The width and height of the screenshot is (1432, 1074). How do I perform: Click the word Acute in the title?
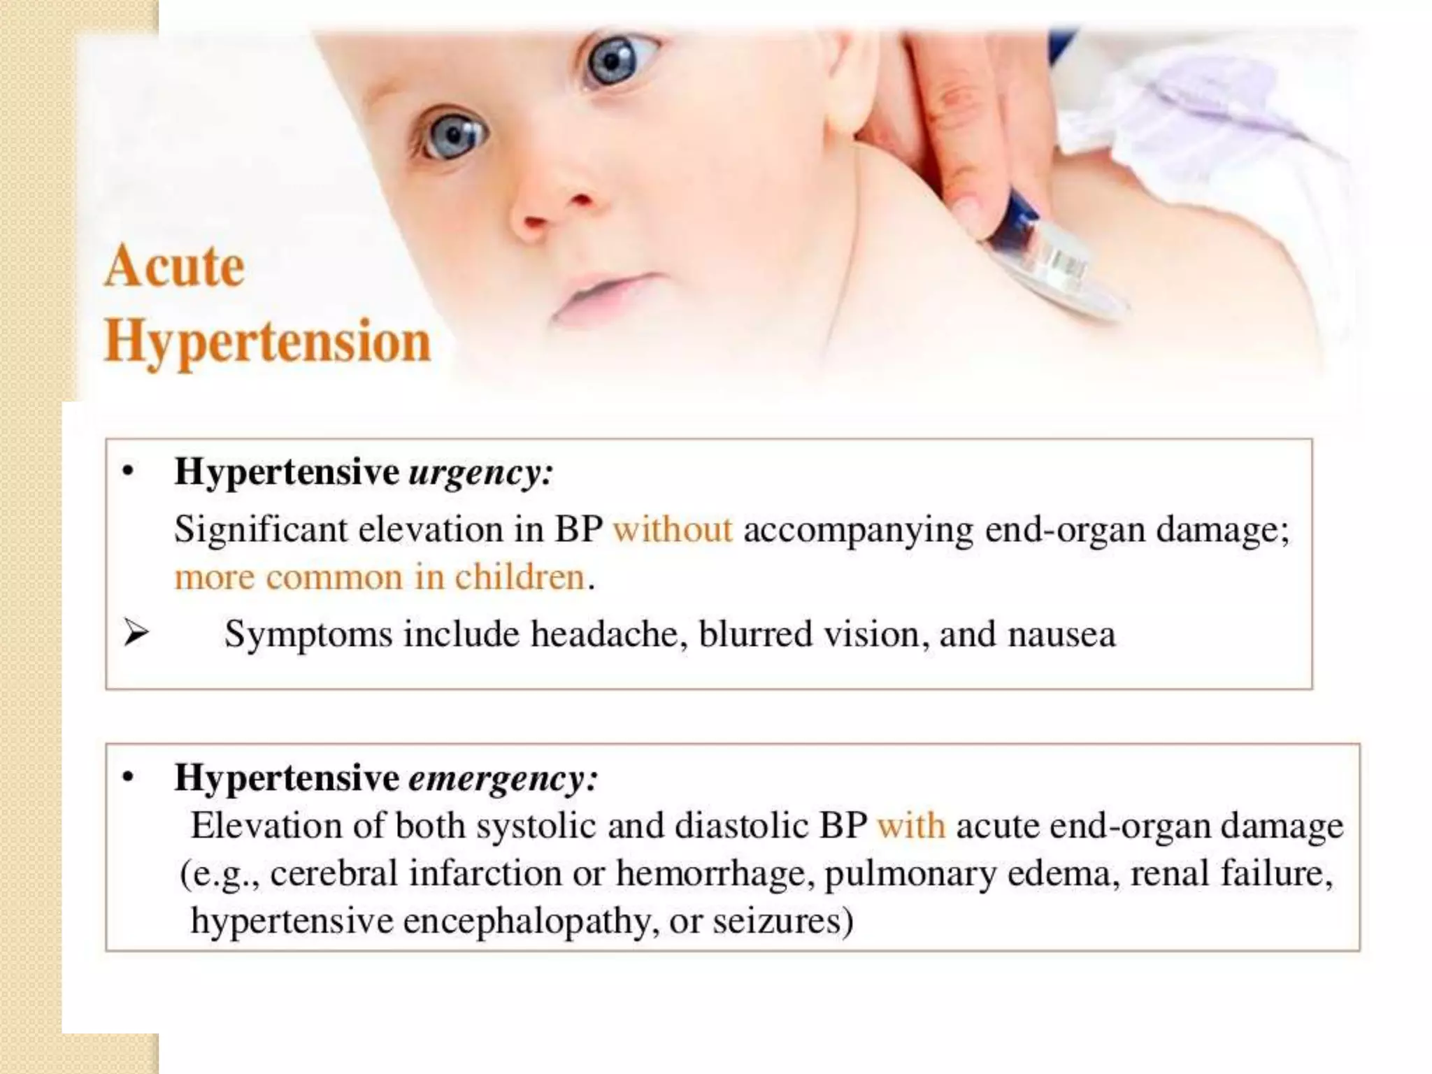pyautogui.click(x=175, y=267)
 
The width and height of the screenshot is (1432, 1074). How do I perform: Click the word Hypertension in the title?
pyautogui.click(x=268, y=343)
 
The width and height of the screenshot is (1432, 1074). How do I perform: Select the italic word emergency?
pyautogui.click(x=502, y=778)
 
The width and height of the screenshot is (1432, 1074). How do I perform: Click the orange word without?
pyautogui.click(x=673, y=529)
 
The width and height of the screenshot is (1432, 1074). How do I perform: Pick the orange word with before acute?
pyautogui.click(x=911, y=826)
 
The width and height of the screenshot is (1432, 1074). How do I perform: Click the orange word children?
pyautogui.click(x=519, y=578)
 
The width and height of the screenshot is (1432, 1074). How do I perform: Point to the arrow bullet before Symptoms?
pyautogui.click(x=135, y=634)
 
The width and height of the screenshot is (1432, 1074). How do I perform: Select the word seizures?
pyautogui.click(x=782, y=921)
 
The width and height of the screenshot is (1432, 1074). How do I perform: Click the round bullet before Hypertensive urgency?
pyautogui.click(x=127, y=472)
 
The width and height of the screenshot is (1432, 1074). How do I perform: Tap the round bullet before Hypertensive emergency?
pyautogui.click(x=127, y=778)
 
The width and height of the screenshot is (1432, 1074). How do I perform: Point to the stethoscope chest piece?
pyautogui.click(x=1063, y=276)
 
